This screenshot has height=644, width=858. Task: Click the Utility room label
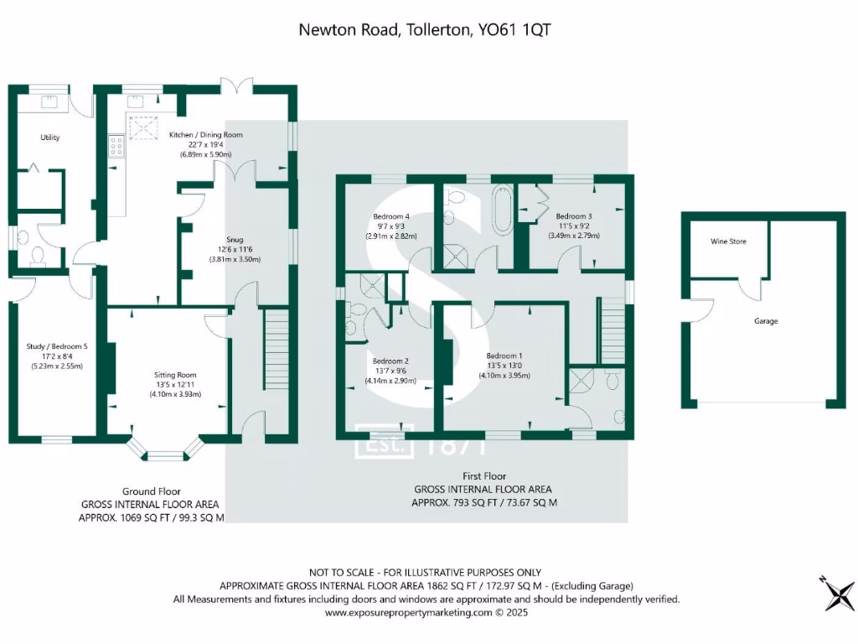click(50, 138)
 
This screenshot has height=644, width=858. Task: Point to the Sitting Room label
click(175, 375)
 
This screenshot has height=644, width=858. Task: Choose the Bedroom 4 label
click(391, 216)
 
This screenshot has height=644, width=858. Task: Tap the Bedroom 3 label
click(574, 216)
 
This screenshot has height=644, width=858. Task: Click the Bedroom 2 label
click(390, 361)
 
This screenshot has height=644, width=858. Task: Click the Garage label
click(766, 321)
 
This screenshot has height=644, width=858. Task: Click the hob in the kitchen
click(116, 147)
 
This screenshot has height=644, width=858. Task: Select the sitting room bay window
click(164, 453)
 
